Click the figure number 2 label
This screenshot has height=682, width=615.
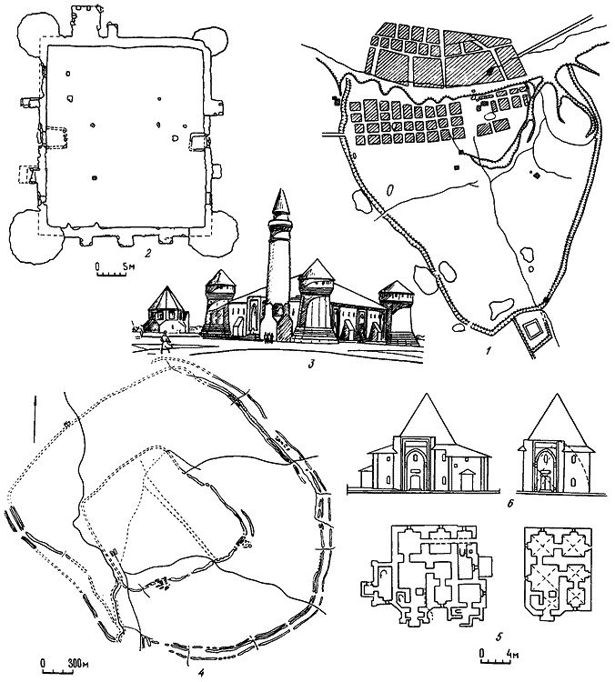coord(147,253)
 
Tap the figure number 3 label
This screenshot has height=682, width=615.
coord(311,362)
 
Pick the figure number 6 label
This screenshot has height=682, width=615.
coord(511,505)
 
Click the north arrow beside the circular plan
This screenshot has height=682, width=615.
coord(35,417)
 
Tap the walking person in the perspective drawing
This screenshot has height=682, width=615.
coord(165,341)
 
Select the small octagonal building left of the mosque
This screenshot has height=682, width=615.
coord(166,311)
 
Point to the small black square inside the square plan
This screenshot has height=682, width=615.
coord(95,178)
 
